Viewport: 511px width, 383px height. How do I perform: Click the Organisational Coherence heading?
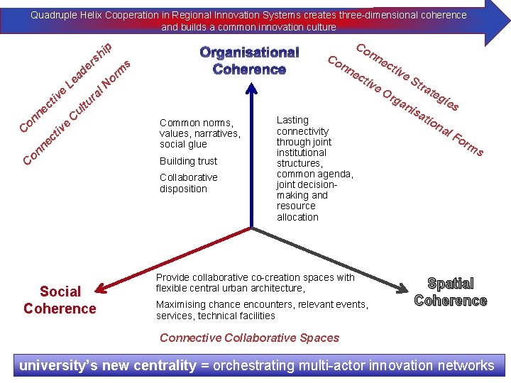249,61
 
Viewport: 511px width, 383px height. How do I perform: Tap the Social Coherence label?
60,300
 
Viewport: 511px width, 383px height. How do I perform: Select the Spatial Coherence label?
451,292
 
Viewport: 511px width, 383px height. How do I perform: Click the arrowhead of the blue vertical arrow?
251,89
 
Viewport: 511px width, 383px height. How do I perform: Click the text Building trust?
188,161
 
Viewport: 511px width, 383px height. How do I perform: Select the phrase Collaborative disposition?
188,183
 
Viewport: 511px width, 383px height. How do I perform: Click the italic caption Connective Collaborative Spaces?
249,338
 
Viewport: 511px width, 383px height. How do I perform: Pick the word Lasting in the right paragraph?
292,121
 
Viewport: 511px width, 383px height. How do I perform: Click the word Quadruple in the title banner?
53,15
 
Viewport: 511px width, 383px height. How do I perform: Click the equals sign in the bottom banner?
204,366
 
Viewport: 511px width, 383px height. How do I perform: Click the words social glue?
183,144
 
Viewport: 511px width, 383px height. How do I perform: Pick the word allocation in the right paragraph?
297,217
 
